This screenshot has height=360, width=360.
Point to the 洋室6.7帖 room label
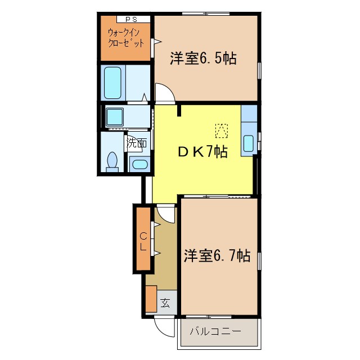click(217, 256)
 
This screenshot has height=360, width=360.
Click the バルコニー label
click(215, 331)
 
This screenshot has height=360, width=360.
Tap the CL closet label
click(143, 240)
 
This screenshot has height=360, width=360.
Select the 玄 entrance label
click(165, 303)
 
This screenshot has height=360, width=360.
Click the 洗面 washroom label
click(136, 143)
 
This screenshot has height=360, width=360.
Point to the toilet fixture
click(112, 161)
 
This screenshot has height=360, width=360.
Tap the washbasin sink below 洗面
click(138, 165)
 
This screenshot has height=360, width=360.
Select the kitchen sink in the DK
click(249, 143)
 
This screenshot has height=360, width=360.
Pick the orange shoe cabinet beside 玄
click(151, 299)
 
